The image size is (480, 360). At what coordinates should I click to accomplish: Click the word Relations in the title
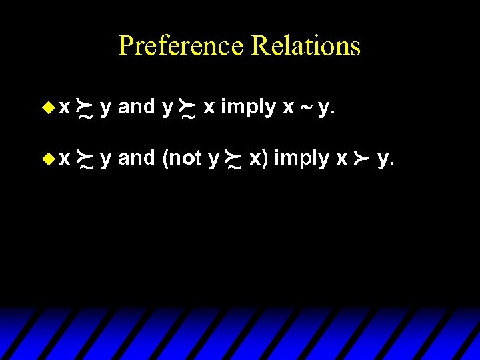coord(306,46)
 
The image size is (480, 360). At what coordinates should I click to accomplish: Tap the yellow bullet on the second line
coord(46,159)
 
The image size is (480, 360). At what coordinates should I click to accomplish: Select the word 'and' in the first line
coord(137,107)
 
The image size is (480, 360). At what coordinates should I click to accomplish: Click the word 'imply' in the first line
coord(248,107)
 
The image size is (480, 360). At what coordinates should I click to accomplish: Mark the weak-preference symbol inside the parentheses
coord(235,161)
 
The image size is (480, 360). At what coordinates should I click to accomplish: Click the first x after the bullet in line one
coord(64,107)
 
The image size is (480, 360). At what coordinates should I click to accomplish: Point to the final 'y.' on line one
coord(326,108)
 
